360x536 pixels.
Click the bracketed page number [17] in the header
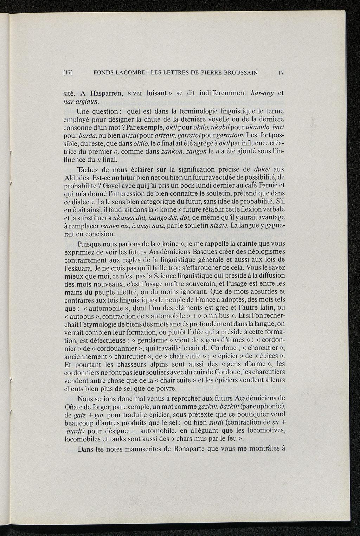click(x=68, y=73)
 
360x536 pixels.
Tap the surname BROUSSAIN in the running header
click(x=240, y=73)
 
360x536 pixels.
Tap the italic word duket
click(x=264, y=169)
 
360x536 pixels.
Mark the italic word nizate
click(x=220, y=225)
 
